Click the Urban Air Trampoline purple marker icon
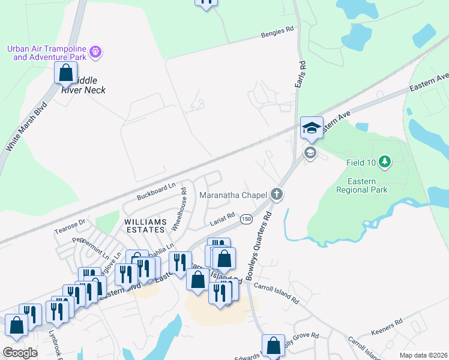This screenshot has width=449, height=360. click(x=95, y=53)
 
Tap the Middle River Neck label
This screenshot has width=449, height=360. click(x=83, y=85)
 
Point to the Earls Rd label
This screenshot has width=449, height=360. click(x=301, y=75)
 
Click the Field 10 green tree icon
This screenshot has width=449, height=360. click(x=385, y=161)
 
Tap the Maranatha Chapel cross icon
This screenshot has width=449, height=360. click(x=276, y=194)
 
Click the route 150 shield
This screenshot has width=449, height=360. click(x=246, y=220)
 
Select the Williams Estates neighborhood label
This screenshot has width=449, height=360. click(x=144, y=226)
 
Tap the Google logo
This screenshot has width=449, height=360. click(x=19, y=352)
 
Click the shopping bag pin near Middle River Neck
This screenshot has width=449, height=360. click(x=65, y=73)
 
